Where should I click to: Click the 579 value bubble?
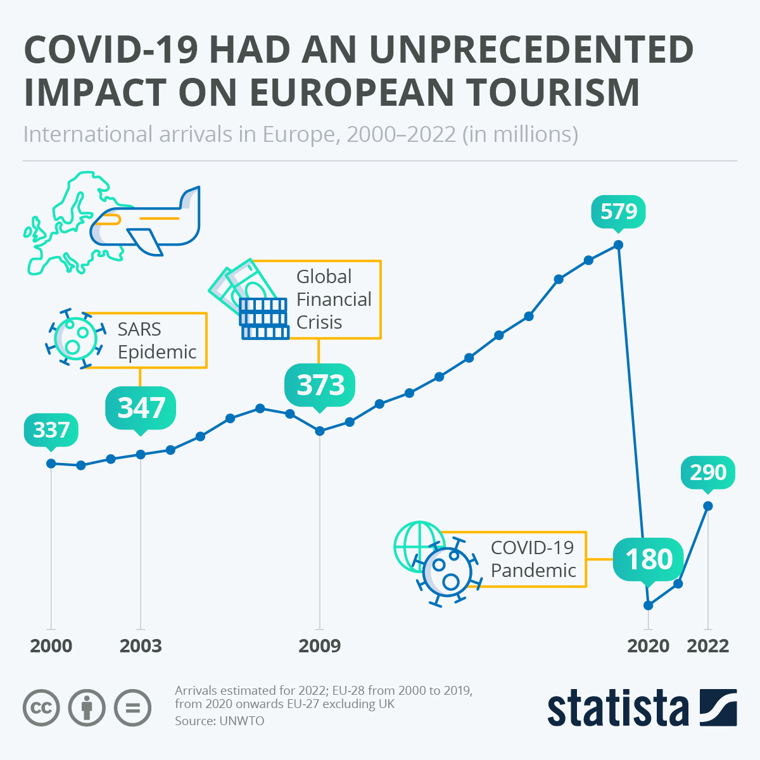point(618,212)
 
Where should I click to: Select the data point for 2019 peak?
point(619,245)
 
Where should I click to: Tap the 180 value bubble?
point(649,559)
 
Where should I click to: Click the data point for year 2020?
point(648,605)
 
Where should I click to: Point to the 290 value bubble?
point(707,472)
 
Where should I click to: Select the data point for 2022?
point(708,505)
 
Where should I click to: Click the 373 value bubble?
point(320,385)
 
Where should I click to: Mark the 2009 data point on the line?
point(320,431)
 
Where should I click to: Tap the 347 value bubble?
point(141,408)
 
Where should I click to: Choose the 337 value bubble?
point(51,431)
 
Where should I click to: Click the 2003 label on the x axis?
point(141,646)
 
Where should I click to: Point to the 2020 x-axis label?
point(648,646)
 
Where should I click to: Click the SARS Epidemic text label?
point(157,341)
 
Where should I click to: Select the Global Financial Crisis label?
point(333,299)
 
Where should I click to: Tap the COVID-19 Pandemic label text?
point(533,559)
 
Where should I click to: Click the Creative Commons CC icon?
point(41,707)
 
